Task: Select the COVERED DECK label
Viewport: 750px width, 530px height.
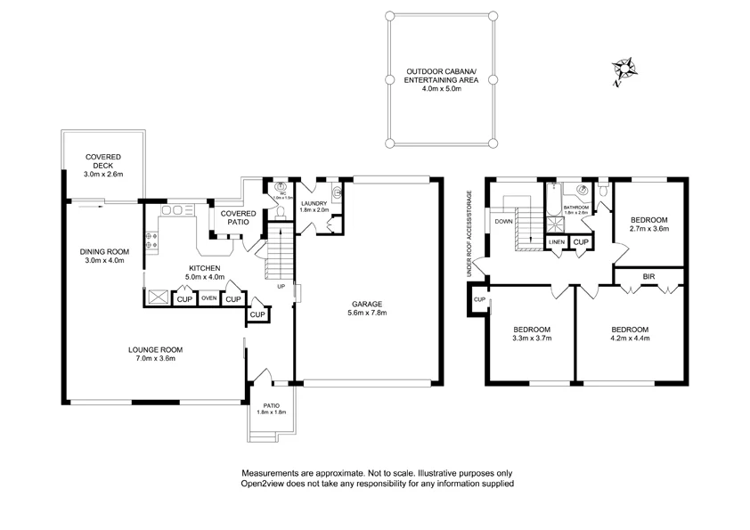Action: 103,166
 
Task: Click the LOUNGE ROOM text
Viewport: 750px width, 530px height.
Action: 155,354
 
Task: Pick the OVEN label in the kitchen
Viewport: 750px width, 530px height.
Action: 209,298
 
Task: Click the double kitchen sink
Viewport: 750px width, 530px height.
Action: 177,210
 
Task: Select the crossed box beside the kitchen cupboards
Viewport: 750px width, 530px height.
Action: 159,298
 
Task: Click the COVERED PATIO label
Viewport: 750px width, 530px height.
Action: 238,217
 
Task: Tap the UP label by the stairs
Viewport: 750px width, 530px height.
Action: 282,287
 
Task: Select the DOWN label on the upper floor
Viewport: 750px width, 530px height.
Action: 504,221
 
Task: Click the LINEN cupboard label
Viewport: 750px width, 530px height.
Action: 557,242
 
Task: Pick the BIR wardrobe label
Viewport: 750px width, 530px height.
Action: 648,278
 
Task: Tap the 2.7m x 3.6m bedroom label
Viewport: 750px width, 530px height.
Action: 648,224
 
